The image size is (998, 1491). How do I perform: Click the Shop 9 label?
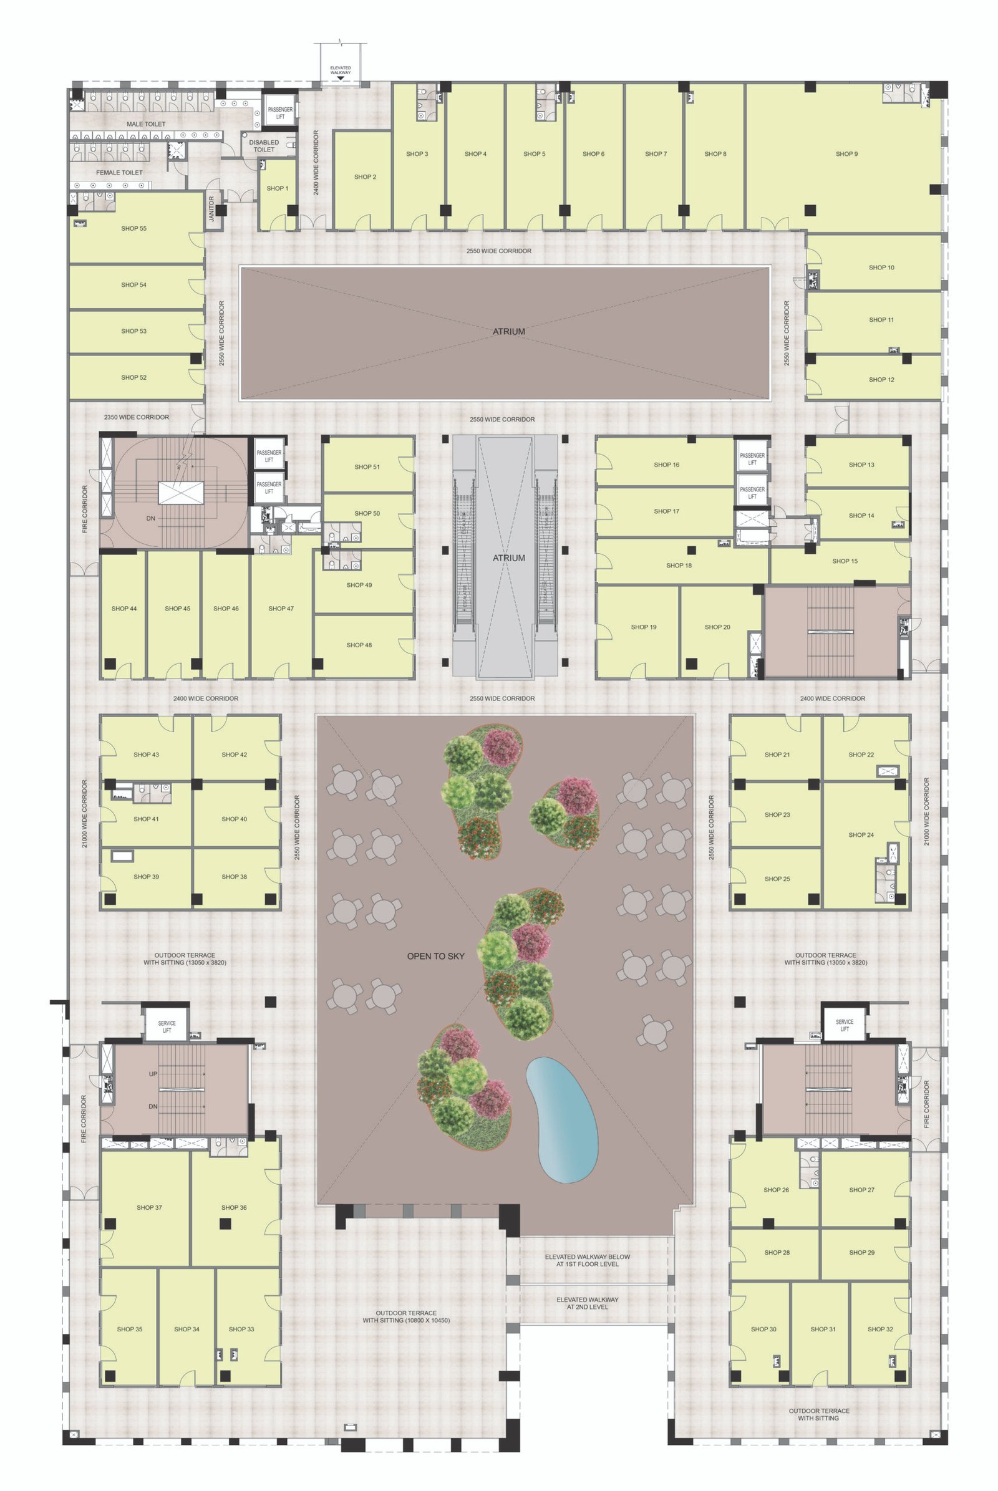[x=846, y=154]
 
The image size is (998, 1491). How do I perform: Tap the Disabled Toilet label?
[x=264, y=147]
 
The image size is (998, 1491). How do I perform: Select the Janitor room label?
[x=212, y=210]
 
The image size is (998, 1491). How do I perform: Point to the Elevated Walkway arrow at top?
[x=340, y=79]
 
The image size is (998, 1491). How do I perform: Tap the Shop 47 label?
[x=281, y=609]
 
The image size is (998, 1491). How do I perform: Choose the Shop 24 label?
[x=861, y=835]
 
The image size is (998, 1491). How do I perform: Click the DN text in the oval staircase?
[x=151, y=518]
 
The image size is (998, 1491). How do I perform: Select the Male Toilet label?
[x=146, y=124]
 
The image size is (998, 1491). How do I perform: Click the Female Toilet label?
[x=119, y=173]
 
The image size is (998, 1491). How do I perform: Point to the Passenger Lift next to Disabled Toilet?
[x=280, y=113]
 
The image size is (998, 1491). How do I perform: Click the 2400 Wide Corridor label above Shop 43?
[x=206, y=698]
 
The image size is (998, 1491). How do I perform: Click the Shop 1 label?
[x=277, y=188]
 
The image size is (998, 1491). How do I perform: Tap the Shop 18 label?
[x=679, y=565]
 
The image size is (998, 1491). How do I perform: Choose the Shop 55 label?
[x=133, y=228]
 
